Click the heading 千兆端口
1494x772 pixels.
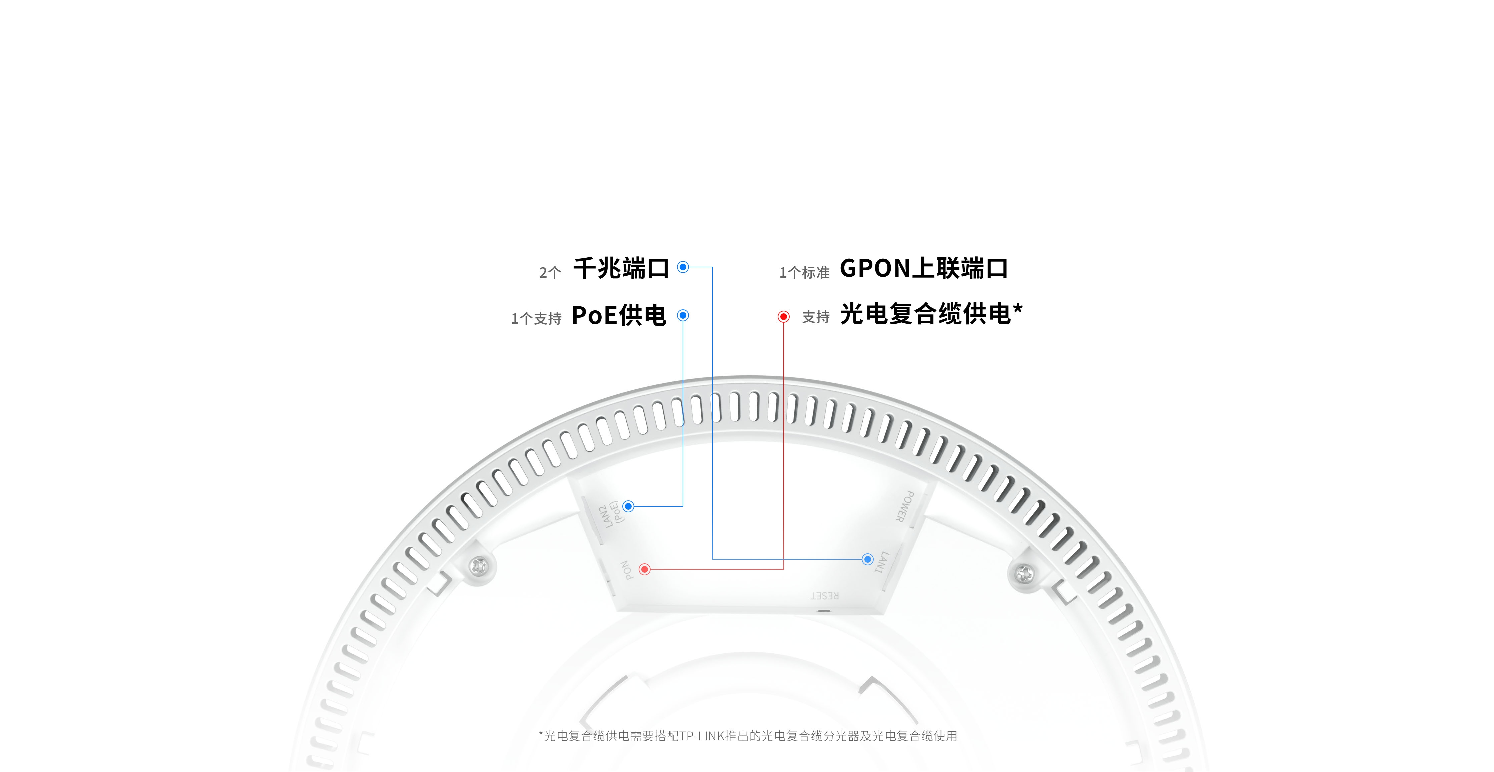click(621, 268)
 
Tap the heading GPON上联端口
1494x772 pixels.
click(924, 268)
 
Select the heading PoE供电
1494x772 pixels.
click(619, 316)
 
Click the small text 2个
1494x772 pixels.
click(550, 272)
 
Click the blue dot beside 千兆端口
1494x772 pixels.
click(683, 267)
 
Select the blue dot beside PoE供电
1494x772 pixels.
click(683, 315)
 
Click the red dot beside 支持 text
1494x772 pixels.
click(784, 316)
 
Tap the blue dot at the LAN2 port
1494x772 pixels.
click(628, 506)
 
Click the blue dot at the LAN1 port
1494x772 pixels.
click(868, 559)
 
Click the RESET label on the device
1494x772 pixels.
click(825, 596)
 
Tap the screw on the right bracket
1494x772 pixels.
click(1023, 574)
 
